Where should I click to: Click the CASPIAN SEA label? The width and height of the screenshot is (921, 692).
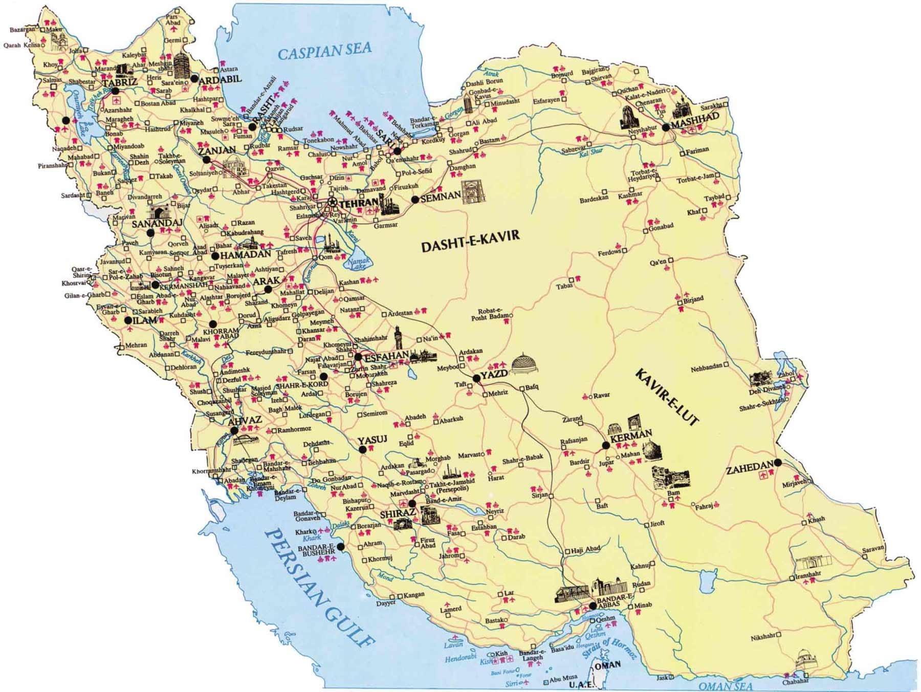tap(324, 51)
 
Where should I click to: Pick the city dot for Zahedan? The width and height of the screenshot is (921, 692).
tap(778, 462)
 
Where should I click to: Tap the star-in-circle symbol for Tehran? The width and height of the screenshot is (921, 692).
tap(332, 203)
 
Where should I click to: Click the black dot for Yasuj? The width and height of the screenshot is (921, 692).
tap(363, 450)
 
